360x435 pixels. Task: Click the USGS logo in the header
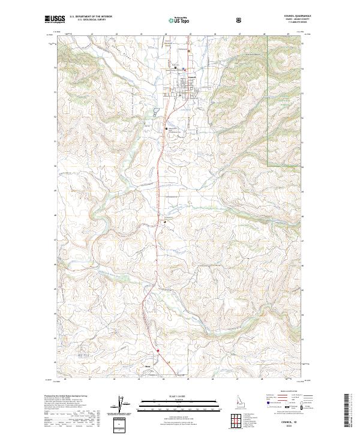[x=55, y=19]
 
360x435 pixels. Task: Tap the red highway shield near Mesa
[x=158, y=352]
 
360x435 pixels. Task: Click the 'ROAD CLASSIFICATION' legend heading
[x=287, y=391]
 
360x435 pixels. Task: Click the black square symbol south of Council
[x=168, y=128]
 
